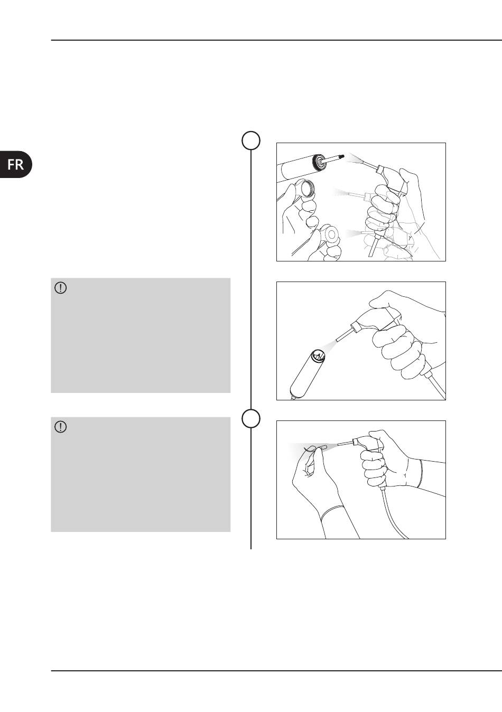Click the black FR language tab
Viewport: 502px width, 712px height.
coord(15,164)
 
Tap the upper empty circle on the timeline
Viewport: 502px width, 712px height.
coord(251,140)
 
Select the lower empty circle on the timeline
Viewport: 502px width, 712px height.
coord(251,418)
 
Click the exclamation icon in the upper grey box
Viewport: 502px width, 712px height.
coord(61,288)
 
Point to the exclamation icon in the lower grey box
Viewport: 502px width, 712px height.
coord(61,427)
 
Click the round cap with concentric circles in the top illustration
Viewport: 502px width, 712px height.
coord(331,235)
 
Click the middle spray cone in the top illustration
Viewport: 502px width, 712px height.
coord(341,193)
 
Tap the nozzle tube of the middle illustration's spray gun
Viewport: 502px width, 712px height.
coord(344,335)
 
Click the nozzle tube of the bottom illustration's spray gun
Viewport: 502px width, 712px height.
coord(345,443)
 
